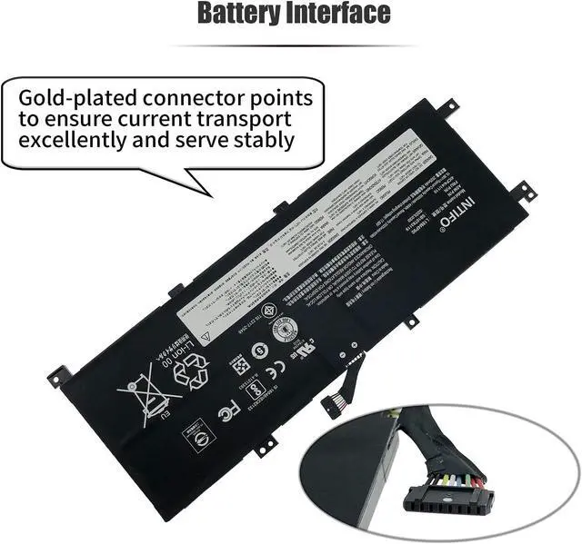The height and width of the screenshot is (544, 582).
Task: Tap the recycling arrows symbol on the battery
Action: (x=195, y=370)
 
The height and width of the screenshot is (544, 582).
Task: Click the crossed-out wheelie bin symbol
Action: (x=140, y=394)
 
